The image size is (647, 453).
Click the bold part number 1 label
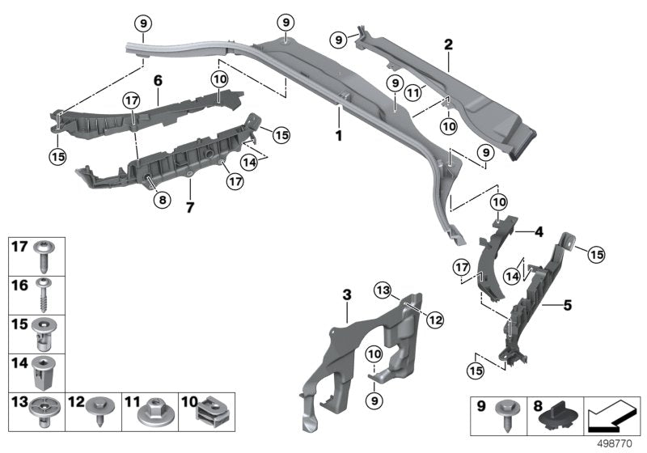(338, 136)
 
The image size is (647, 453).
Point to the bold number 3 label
(347, 296)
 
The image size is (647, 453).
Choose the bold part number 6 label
(159, 81)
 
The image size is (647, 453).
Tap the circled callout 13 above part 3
(383, 290)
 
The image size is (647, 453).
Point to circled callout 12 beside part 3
(435, 320)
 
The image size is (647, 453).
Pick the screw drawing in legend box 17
(44, 256)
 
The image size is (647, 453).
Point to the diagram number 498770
(617, 442)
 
